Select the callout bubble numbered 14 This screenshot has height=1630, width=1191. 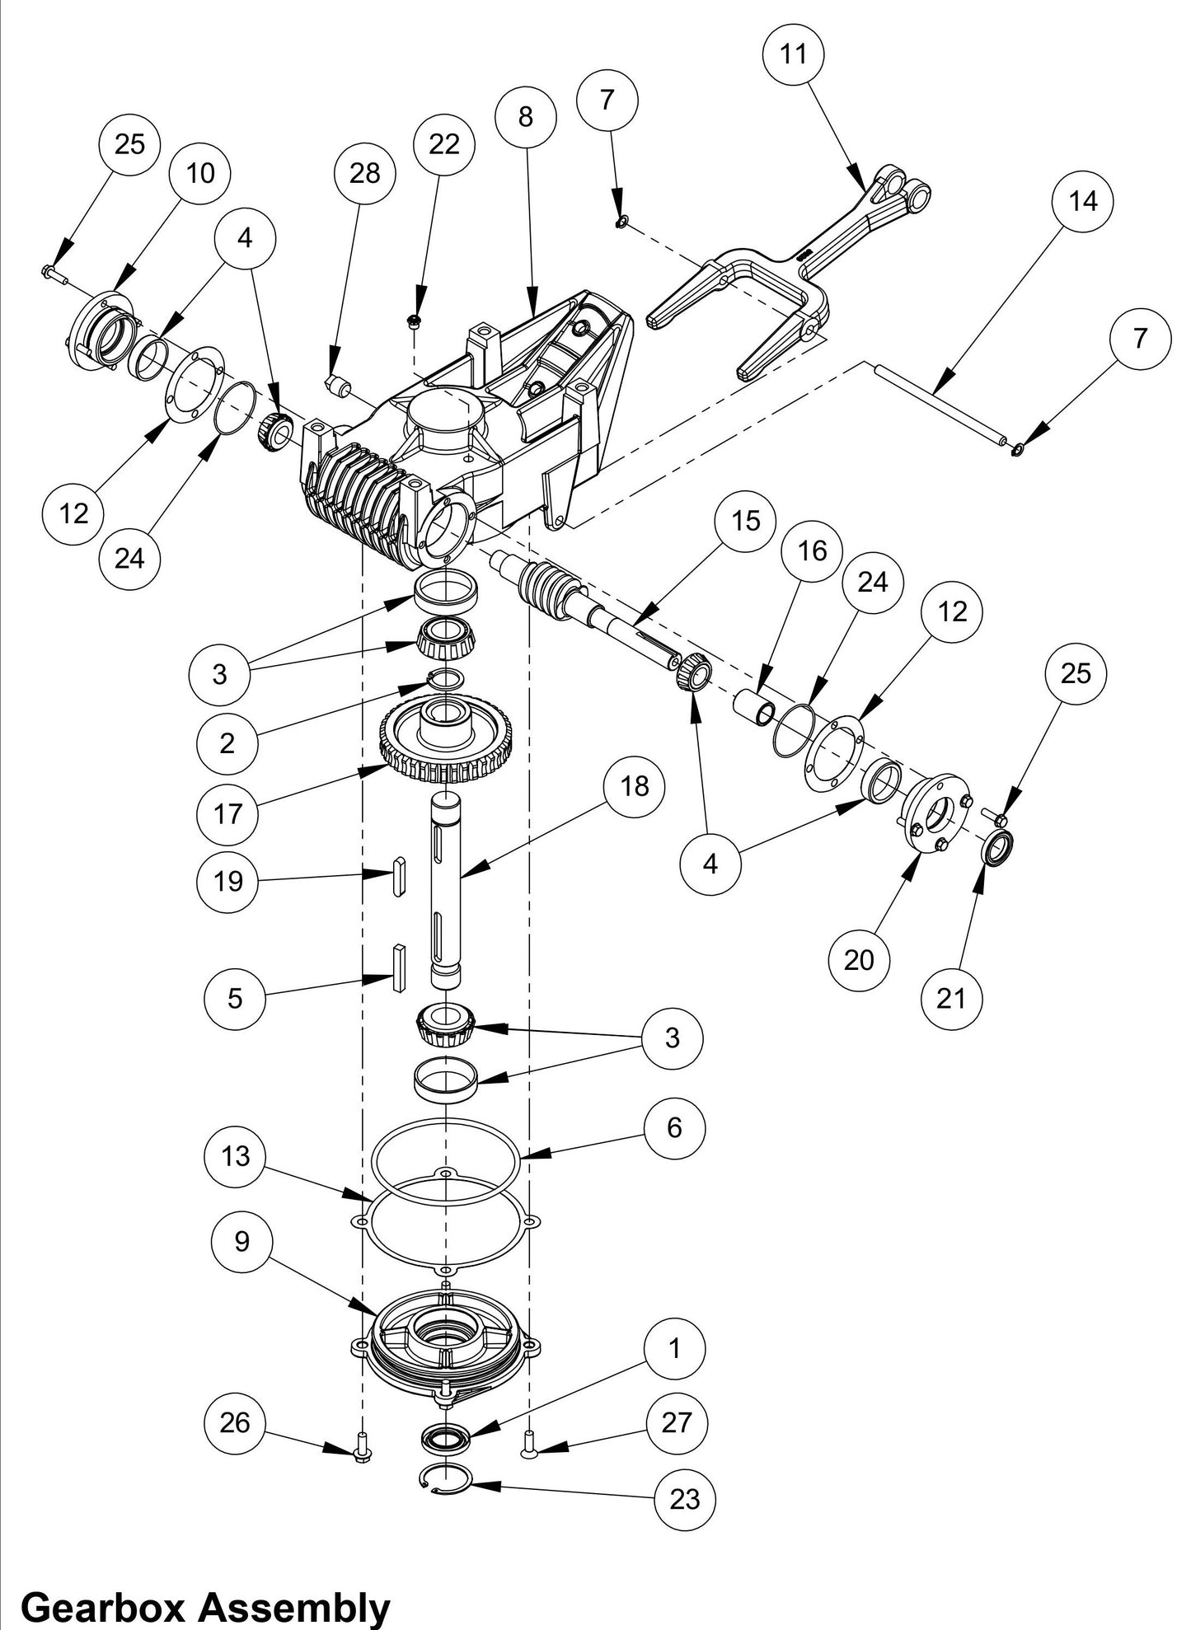click(x=1083, y=200)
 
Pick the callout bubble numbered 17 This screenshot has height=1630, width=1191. click(x=227, y=813)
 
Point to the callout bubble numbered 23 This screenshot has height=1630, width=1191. click(x=684, y=1499)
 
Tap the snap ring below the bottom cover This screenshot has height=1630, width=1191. click(x=445, y=1478)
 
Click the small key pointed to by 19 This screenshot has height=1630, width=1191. click(x=399, y=875)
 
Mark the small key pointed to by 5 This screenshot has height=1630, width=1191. click(x=399, y=967)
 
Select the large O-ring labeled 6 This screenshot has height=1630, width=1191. click(x=445, y=1159)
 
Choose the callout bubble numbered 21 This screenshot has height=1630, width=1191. click(x=951, y=998)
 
